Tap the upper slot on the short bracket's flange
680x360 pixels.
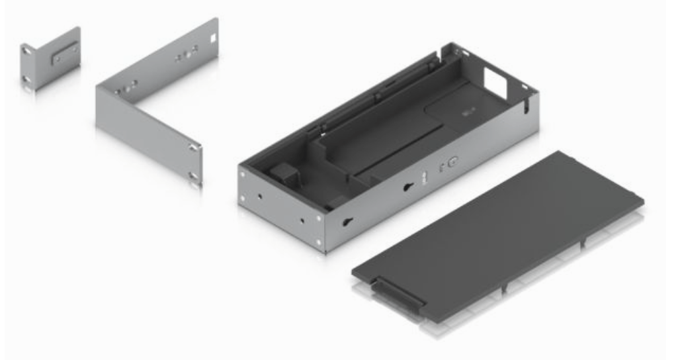[24, 49]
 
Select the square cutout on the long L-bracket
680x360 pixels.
[212, 38]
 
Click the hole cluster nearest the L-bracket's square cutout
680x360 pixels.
[185, 57]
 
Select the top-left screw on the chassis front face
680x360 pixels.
[243, 174]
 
